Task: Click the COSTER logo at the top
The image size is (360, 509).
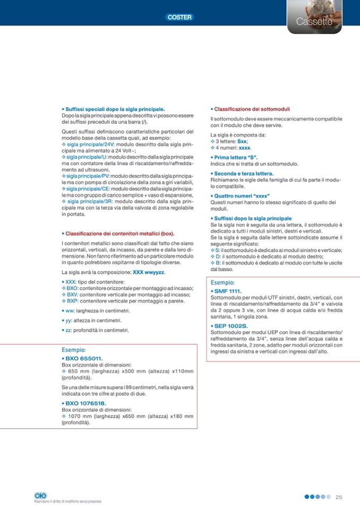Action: pos(179,18)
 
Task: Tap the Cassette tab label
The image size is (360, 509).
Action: pos(314,22)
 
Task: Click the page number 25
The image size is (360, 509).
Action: pos(339,497)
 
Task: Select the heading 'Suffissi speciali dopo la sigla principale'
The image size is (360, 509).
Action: pos(113,109)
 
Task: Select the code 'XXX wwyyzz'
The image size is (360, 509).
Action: pos(149,272)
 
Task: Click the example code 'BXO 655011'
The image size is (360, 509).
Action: pos(84,358)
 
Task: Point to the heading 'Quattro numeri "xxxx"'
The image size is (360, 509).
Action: pos(242,196)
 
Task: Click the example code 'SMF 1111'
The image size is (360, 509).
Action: pos(227,291)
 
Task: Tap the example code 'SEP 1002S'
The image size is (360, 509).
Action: pos(230,325)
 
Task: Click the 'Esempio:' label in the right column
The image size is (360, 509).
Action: pos(222,283)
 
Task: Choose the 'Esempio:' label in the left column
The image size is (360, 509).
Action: pos(74,350)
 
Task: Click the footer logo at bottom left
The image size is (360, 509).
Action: pos(40,495)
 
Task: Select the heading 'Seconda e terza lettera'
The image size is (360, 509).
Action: pos(243,174)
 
